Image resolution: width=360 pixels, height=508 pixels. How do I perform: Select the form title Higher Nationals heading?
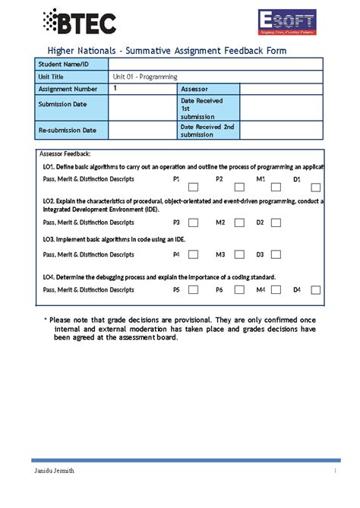click(163, 51)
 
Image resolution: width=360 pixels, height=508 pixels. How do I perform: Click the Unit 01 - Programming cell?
click(145, 77)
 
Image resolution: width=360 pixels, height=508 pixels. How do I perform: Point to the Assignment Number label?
click(69, 89)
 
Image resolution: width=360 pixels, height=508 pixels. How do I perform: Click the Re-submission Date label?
click(68, 130)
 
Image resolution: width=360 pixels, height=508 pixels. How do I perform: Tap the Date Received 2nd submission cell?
click(207, 130)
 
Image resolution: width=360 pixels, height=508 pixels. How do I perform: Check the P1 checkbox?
click(194, 186)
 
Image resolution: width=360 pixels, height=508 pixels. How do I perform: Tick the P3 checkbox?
click(194, 222)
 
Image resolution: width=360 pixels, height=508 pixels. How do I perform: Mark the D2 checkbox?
click(276, 222)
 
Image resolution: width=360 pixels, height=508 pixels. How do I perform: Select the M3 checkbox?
click(238, 255)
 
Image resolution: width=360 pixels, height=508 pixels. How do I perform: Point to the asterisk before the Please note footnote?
click(46, 320)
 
